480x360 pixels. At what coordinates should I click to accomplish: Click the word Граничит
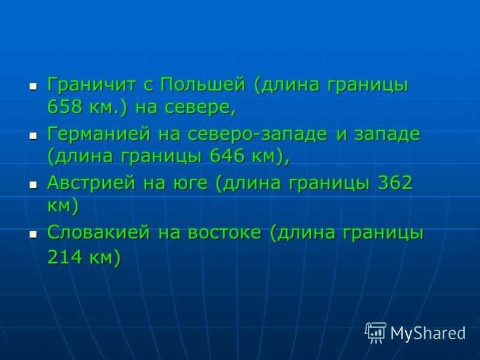click(x=91, y=84)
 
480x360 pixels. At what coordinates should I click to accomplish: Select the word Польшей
click(x=203, y=85)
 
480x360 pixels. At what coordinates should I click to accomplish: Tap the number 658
click(x=65, y=107)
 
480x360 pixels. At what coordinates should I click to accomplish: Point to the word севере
click(x=200, y=108)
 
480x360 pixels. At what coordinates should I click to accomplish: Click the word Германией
click(x=99, y=134)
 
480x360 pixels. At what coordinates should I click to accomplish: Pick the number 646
click(x=227, y=156)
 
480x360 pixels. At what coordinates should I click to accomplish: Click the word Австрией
click(x=91, y=183)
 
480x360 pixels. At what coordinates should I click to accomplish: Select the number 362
click(x=395, y=183)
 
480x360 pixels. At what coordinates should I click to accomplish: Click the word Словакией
click(x=98, y=232)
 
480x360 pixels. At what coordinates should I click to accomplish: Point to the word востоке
click(x=224, y=233)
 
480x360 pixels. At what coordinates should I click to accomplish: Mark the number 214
click(x=65, y=257)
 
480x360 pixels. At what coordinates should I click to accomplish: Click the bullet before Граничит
click(x=33, y=86)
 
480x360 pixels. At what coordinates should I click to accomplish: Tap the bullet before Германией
click(x=33, y=136)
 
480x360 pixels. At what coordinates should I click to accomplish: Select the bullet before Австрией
click(x=33, y=185)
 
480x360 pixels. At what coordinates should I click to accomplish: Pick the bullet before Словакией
click(x=33, y=235)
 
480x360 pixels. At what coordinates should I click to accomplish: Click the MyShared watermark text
click(x=428, y=333)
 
